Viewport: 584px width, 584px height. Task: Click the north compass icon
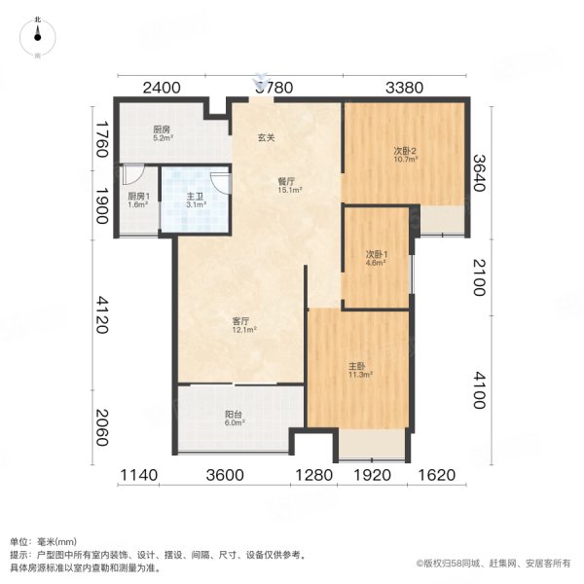(37, 36)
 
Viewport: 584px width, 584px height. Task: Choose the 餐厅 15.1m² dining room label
(286, 186)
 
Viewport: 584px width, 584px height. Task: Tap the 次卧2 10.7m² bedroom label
(405, 155)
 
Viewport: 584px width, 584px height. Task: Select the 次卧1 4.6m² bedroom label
(375, 259)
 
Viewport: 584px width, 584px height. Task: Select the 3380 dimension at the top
(404, 88)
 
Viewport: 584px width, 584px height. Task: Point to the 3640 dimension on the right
(479, 173)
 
